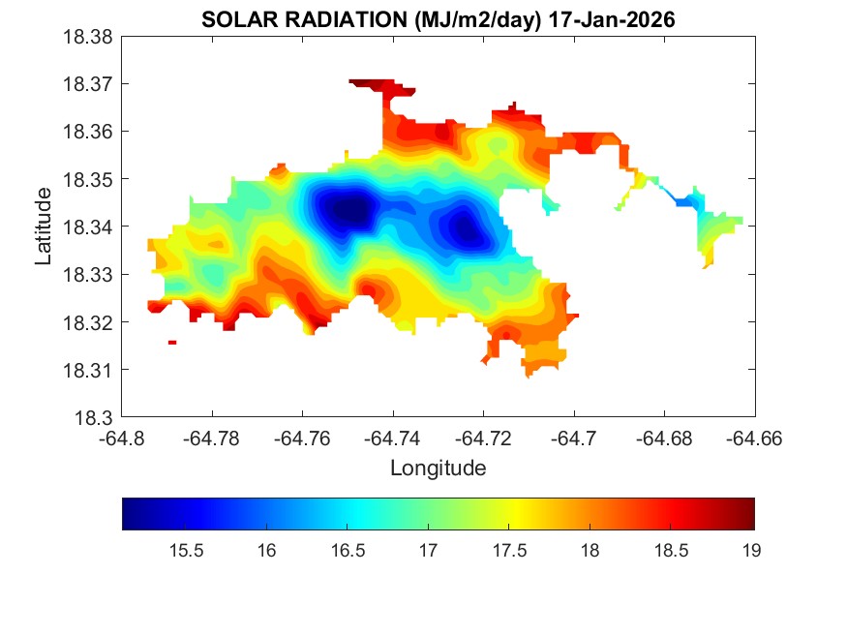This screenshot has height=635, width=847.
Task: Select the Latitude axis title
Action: [x=44, y=227]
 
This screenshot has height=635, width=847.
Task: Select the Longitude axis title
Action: [x=438, y=469]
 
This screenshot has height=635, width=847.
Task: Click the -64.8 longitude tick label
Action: [x=122, y=438]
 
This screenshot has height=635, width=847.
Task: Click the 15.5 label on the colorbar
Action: [x=186, y=551]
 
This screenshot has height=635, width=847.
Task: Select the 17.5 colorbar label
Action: [x=509, y=551]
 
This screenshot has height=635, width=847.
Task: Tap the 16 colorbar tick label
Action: [x=267, y=551]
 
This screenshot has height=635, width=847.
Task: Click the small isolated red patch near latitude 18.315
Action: [x=172, y=342]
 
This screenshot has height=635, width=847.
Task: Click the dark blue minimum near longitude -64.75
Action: [x=350, y=208]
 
